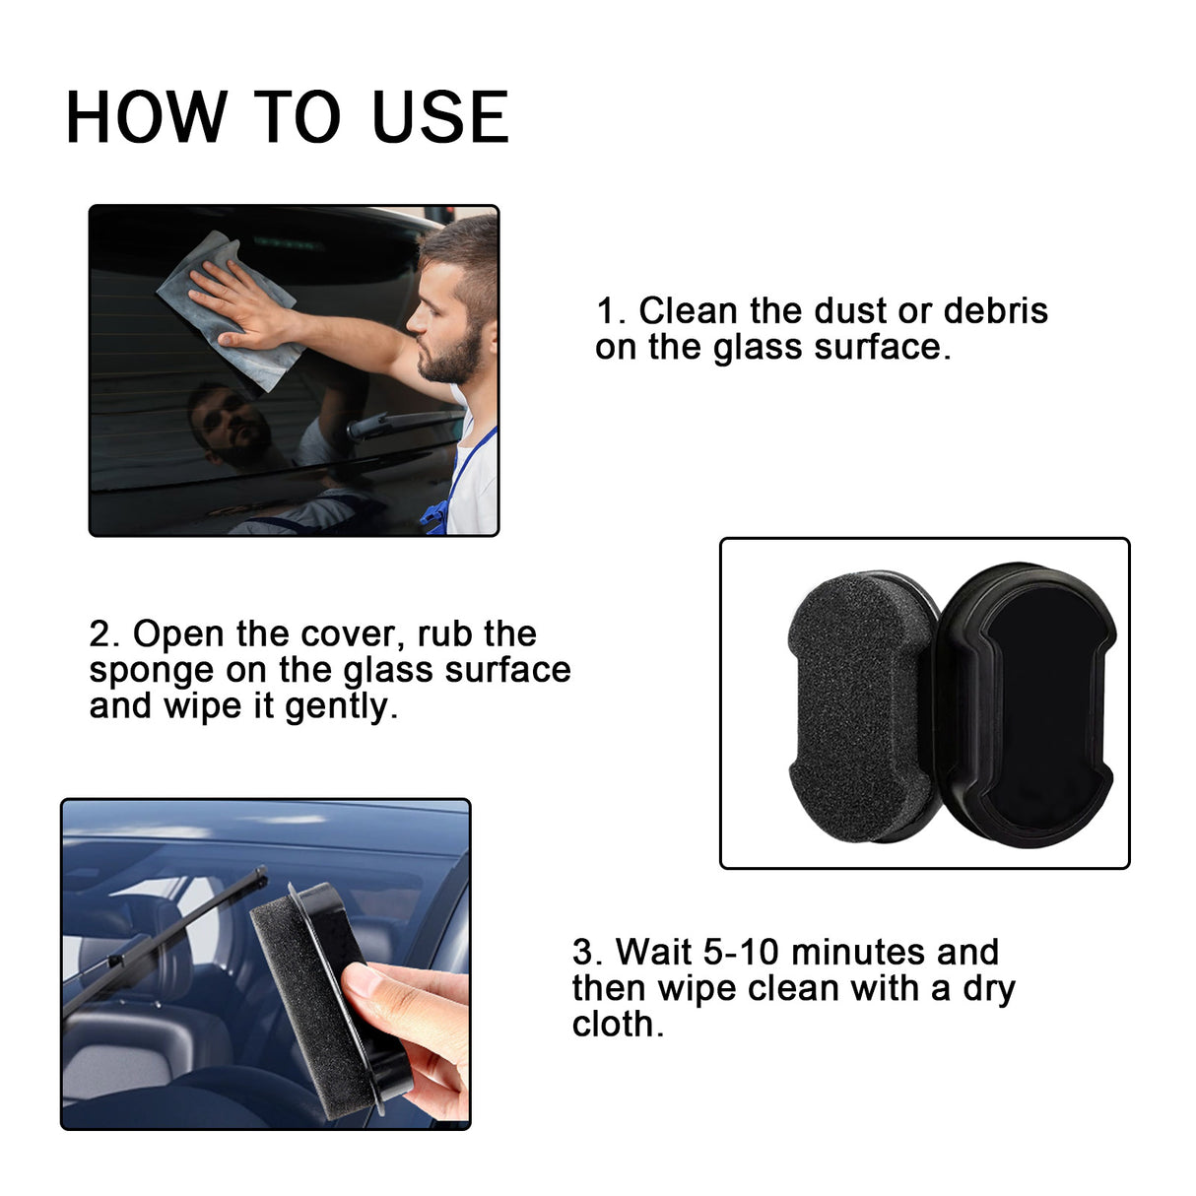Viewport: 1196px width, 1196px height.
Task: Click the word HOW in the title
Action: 145,118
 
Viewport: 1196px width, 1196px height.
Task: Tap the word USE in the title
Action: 440,118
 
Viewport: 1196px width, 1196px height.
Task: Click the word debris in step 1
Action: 995,311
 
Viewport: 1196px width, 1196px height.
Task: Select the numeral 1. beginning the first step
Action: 611,311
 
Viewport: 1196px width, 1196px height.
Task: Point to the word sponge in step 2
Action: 151,670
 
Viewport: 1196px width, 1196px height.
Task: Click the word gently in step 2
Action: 339,706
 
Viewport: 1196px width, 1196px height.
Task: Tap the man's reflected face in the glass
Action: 232,429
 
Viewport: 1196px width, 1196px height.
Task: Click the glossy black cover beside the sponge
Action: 1030,704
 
